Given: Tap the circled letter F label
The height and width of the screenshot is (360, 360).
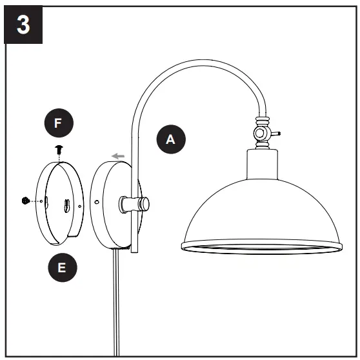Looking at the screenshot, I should tap(57, 123).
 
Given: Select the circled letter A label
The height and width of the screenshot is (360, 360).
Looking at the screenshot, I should tap(170, 139).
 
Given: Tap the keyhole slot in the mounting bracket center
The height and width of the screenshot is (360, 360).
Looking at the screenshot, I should tap(66, 206).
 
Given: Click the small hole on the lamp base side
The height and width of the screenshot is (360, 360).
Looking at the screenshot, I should tap(97, 202).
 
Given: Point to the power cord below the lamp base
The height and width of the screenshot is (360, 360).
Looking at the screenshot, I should tap(115, 303).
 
